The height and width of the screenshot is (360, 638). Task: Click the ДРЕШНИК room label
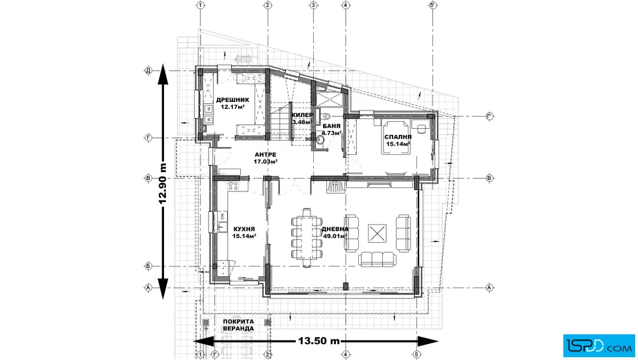tap(233, 100)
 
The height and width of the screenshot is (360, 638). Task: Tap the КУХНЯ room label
tap(244, 229)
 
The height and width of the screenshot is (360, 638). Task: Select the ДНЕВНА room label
tap(336, 229)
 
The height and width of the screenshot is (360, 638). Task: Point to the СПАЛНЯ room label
tap(398, 137)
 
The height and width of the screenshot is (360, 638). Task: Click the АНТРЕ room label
tap(265, 154)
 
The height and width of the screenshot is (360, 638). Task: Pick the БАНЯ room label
tap(331, 126)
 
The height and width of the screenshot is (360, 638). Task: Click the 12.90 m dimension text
tap(162, 183)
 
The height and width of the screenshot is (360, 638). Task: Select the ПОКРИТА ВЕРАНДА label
tap(239, 325)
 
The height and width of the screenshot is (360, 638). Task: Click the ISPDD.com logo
tap(599, 346)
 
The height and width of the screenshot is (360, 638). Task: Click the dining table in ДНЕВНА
tap(307, 238)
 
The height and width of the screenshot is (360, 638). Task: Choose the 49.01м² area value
tap(335, 235)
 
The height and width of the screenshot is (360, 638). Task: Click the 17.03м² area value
tap(265, 162)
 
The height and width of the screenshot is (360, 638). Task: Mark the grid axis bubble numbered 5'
tap(432, 5)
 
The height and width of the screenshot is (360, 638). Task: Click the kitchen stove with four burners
tap(233, 186)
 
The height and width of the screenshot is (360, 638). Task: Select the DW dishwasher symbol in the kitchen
tap(222, 216)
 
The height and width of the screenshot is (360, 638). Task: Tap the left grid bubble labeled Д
tap(148, 71)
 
